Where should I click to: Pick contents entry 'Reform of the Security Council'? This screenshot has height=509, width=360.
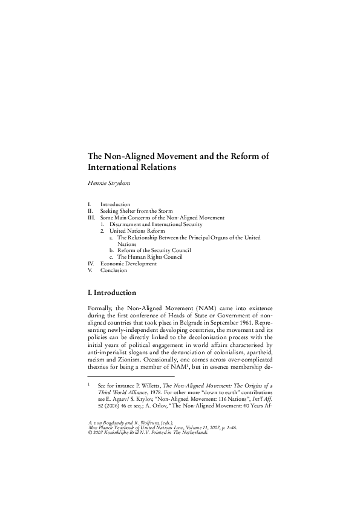point(154,250)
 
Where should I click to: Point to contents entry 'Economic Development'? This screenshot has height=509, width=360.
point(128,264)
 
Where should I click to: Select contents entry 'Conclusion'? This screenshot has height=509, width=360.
point(114,270)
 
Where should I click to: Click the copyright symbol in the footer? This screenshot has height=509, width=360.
point(90,433)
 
